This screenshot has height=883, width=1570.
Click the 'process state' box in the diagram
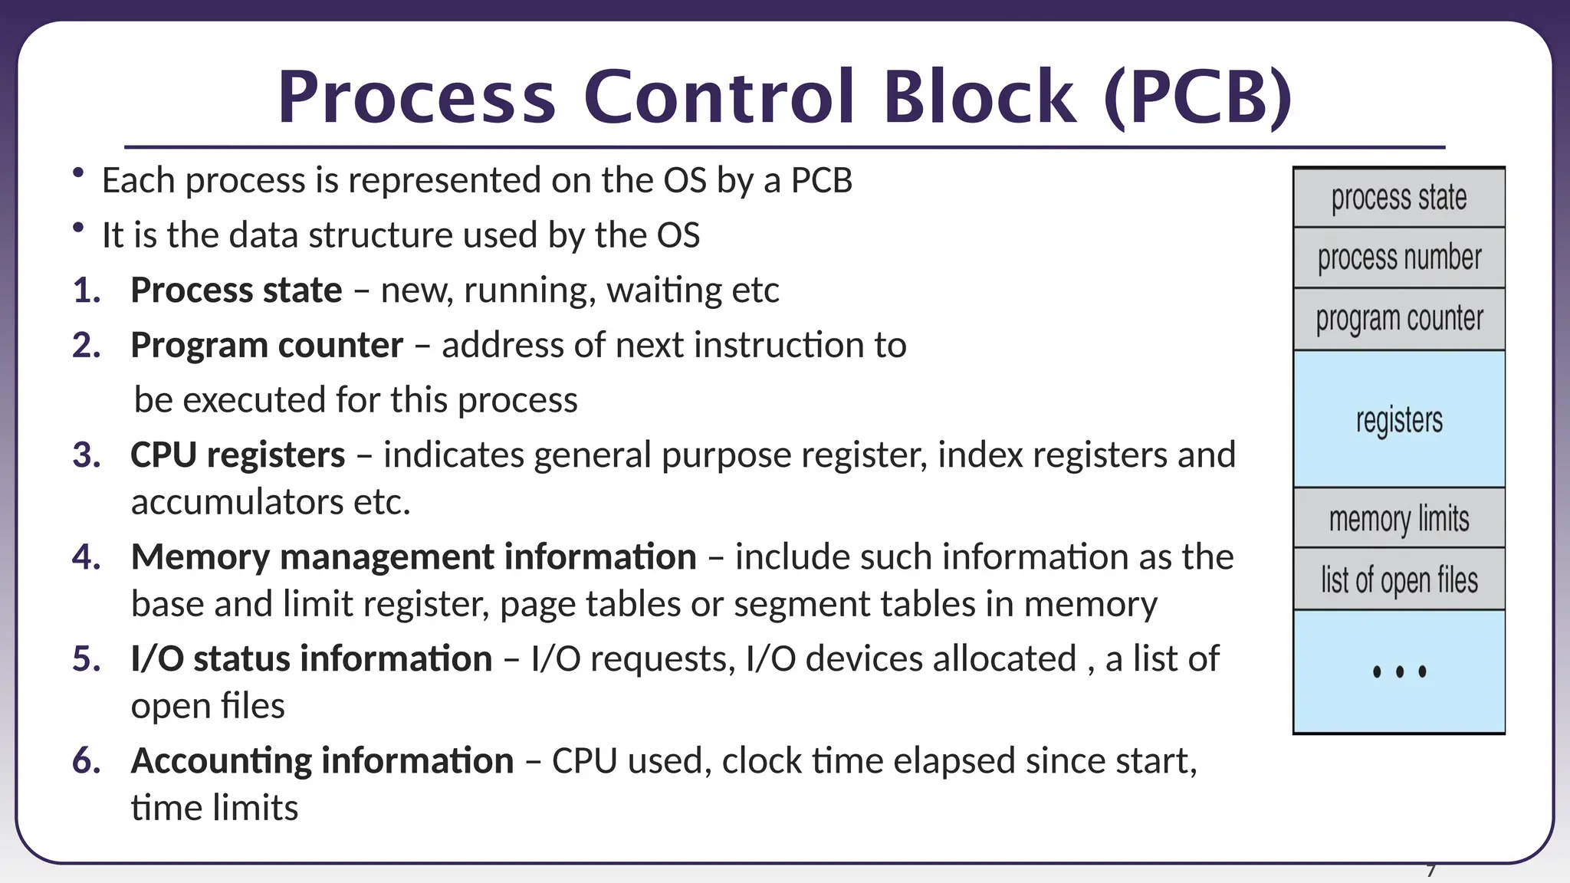(1399, 198)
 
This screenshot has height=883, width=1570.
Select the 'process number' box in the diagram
(1399, 258)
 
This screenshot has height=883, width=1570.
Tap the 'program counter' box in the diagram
(1399, 319)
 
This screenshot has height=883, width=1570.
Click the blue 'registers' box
(1399, 419)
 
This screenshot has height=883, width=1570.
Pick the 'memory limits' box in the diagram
(1399, 519)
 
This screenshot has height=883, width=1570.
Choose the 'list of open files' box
(1399, 580)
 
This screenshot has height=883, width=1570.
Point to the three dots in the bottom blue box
(1399, 672)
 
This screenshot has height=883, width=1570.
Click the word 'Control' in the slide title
(718, 97)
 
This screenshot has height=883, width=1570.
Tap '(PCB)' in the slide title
(1198, 97)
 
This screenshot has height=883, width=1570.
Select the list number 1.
(87, 291)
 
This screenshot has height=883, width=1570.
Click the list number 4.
(87, 557)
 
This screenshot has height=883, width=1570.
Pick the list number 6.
(87, 761)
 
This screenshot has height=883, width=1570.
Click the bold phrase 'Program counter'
(267, 346)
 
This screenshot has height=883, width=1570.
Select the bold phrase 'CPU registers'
(238, 455)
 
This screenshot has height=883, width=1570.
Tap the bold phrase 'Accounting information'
(322, 761)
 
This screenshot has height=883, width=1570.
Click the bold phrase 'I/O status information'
(311, 659)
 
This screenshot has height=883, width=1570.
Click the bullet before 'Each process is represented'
(78, 174)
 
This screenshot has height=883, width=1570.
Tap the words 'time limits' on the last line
(215, 808)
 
